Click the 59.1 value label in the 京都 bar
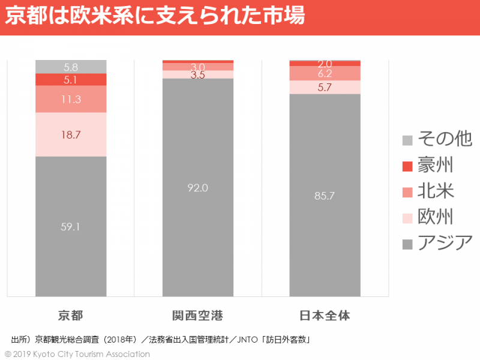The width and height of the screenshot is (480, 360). coord(71,227)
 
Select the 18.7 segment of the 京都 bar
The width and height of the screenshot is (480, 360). coord(71,135)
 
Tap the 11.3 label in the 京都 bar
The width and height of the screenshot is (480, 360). coord(71,100)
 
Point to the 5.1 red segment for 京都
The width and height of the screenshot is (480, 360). coord(71,79)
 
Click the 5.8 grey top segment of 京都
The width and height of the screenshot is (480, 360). coord(71,67)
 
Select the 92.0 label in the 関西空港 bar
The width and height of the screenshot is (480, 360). coord(198,188)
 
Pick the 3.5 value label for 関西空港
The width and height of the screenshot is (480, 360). coord(198,76)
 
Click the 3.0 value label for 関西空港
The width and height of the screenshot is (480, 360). coord(198,67)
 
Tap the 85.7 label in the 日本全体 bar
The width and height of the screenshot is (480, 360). coord(325,195)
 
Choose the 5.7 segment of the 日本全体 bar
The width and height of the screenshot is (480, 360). coord(325,88)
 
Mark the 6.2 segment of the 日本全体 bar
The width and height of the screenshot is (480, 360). coord(325,74)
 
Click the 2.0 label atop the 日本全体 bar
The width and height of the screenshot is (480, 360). coord(325,64)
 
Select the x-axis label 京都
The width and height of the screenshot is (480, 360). coord(71,315)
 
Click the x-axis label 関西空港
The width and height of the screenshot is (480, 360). coord(197,315)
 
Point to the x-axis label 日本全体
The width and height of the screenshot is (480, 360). coord(325,315)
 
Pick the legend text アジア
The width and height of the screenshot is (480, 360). coord(445,243)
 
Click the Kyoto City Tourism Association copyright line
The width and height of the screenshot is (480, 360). coord(77,354)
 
